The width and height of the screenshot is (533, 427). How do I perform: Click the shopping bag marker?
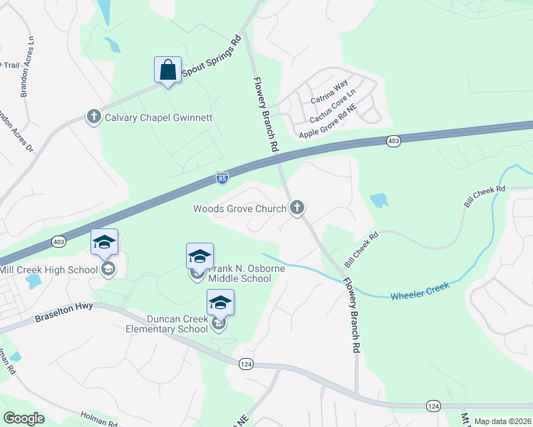tap(167, 70)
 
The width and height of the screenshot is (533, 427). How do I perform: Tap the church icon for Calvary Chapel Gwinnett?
tap(93, 116)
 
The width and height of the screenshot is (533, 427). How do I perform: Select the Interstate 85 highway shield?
tap(222, 177)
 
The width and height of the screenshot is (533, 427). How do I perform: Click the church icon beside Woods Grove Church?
tap(297, 208)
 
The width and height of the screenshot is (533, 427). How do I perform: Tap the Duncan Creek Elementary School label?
tap(167, 324)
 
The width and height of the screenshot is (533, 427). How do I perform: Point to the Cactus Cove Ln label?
tap(332, 107)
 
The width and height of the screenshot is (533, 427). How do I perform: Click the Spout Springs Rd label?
tap(212, 55)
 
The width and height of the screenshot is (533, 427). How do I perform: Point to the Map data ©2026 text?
tap(502, 421)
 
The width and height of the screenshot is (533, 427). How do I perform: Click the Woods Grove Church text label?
tap(239, 209)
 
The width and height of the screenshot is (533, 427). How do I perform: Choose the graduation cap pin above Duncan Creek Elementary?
tap(220, 303)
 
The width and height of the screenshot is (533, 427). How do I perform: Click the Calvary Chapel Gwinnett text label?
tap(159, 117)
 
